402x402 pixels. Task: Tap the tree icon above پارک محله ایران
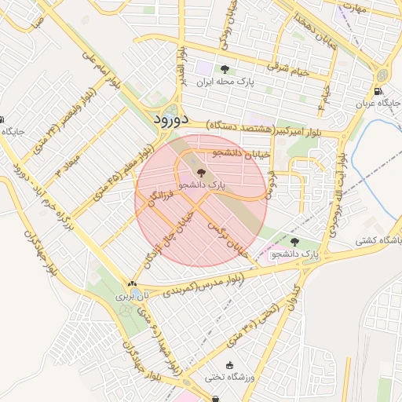coord(226,70)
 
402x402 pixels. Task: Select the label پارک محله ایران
coord(226,82)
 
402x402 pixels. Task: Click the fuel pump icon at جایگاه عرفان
coord(379,92)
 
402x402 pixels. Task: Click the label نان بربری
coord(132,297)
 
